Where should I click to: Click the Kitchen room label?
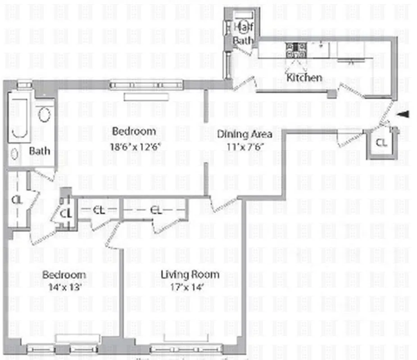(304, 77)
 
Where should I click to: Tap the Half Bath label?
(243, 33)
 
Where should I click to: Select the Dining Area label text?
(245, 134)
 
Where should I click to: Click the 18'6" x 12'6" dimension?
(136, 146)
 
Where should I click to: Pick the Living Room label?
(190, 274)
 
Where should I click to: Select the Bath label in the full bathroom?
(40, 151)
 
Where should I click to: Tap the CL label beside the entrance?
(381, 144)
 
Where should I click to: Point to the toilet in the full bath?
(44, 115)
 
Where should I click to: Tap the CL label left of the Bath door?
(17, 199)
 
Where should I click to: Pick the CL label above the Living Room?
(156, 209)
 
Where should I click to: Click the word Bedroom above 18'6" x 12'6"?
(134, 131)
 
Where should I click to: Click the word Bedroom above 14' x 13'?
(63, 274)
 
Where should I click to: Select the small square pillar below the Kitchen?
(332, 94)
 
